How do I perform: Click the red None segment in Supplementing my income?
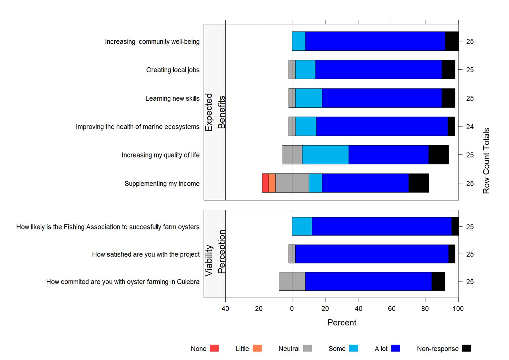point(265,183)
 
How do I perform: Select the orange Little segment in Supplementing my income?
point(272,183)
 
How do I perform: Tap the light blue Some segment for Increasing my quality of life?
point(325,155)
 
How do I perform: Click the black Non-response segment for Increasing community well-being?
point(451,41)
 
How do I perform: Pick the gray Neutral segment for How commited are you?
point(292,281)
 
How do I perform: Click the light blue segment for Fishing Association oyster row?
point(302,226)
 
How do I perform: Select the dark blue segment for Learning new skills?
point(382,98)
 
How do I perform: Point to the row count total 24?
point(470,127)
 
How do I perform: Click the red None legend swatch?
point(214,348)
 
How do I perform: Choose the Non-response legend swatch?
point(467,348)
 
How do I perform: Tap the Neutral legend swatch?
point(308,348)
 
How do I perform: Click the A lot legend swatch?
point(396,348)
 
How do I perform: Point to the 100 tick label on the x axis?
point(458,309)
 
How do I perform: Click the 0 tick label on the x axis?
point(292,309)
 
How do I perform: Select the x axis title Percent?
point(342,323)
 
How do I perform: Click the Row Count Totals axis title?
point(486,161)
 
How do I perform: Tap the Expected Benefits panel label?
point(215,112)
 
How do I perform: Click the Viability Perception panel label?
point(215,254)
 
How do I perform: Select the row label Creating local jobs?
point(173,70)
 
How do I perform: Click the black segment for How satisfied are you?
point(452,254)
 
